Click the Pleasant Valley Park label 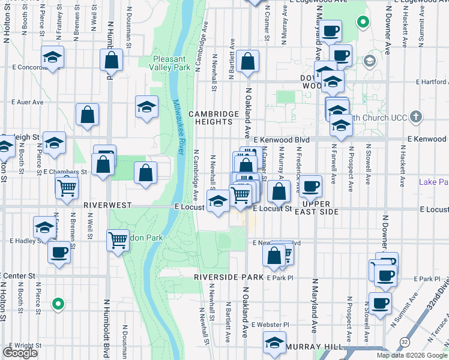[x=172, y=63]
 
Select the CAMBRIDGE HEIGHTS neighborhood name [x=210, y=118]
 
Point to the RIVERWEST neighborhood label [x=107, y=205]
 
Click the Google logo [x=20, y=353]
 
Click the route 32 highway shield [x=405, y=342]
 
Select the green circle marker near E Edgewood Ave [x=363, y=23]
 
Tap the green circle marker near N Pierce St [x=58, y=304]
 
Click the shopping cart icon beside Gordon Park [x=118, y=240]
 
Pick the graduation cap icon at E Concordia [x=53, y=57]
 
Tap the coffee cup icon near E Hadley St [x=59, y=251]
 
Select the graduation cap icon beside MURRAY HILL [x=274, y=343]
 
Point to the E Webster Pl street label [x=270, y=325]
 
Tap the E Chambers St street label [x=65, y=172]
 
